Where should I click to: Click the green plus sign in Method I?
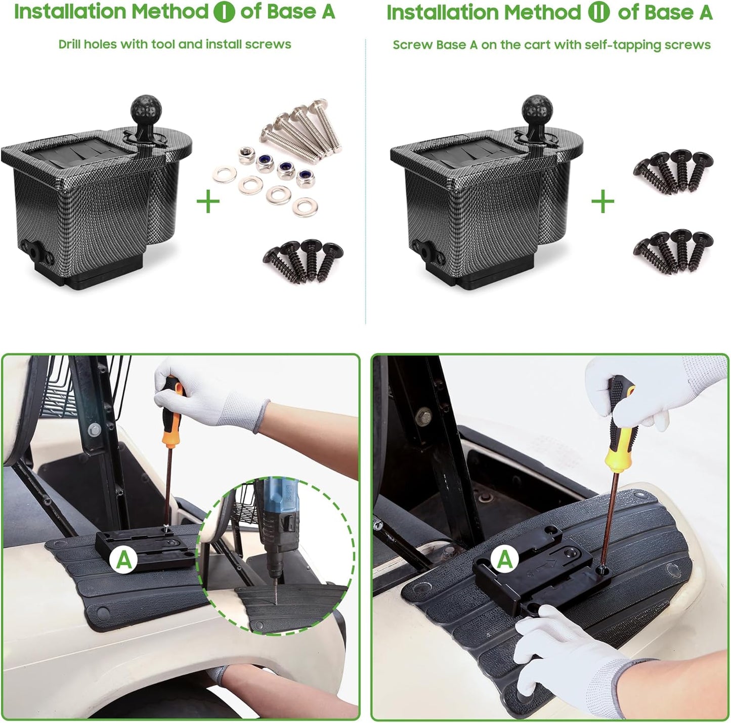[x=208, y=202]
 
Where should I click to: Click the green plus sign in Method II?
[x=603, y=202]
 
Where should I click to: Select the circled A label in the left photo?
[x=124, y=560]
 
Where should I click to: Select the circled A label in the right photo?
[x=504, y=560]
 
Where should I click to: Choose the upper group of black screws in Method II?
[x=673, y=170]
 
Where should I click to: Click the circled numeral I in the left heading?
[x=224, y=12]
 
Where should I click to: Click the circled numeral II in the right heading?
[x=599, y=12]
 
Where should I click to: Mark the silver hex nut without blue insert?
[x=246, y=152]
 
